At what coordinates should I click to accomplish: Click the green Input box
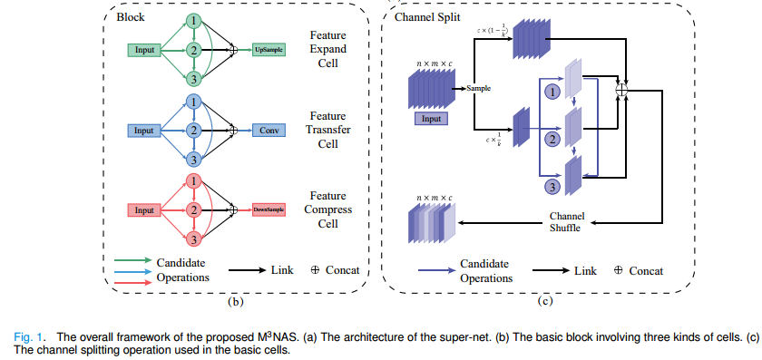pyautogui.click(x=143, y=49)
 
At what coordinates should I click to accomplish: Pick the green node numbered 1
pyautogui.click(x=193, y=20)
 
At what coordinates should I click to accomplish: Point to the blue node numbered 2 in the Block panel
pyautogui.click(x=193, y=130)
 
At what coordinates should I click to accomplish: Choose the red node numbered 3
pyautogui.click(x=193, y=238)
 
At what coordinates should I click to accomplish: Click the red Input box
pyautogui.click(x=143, y=210)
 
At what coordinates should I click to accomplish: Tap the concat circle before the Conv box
pyautogui.click(x=233, y=131)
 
